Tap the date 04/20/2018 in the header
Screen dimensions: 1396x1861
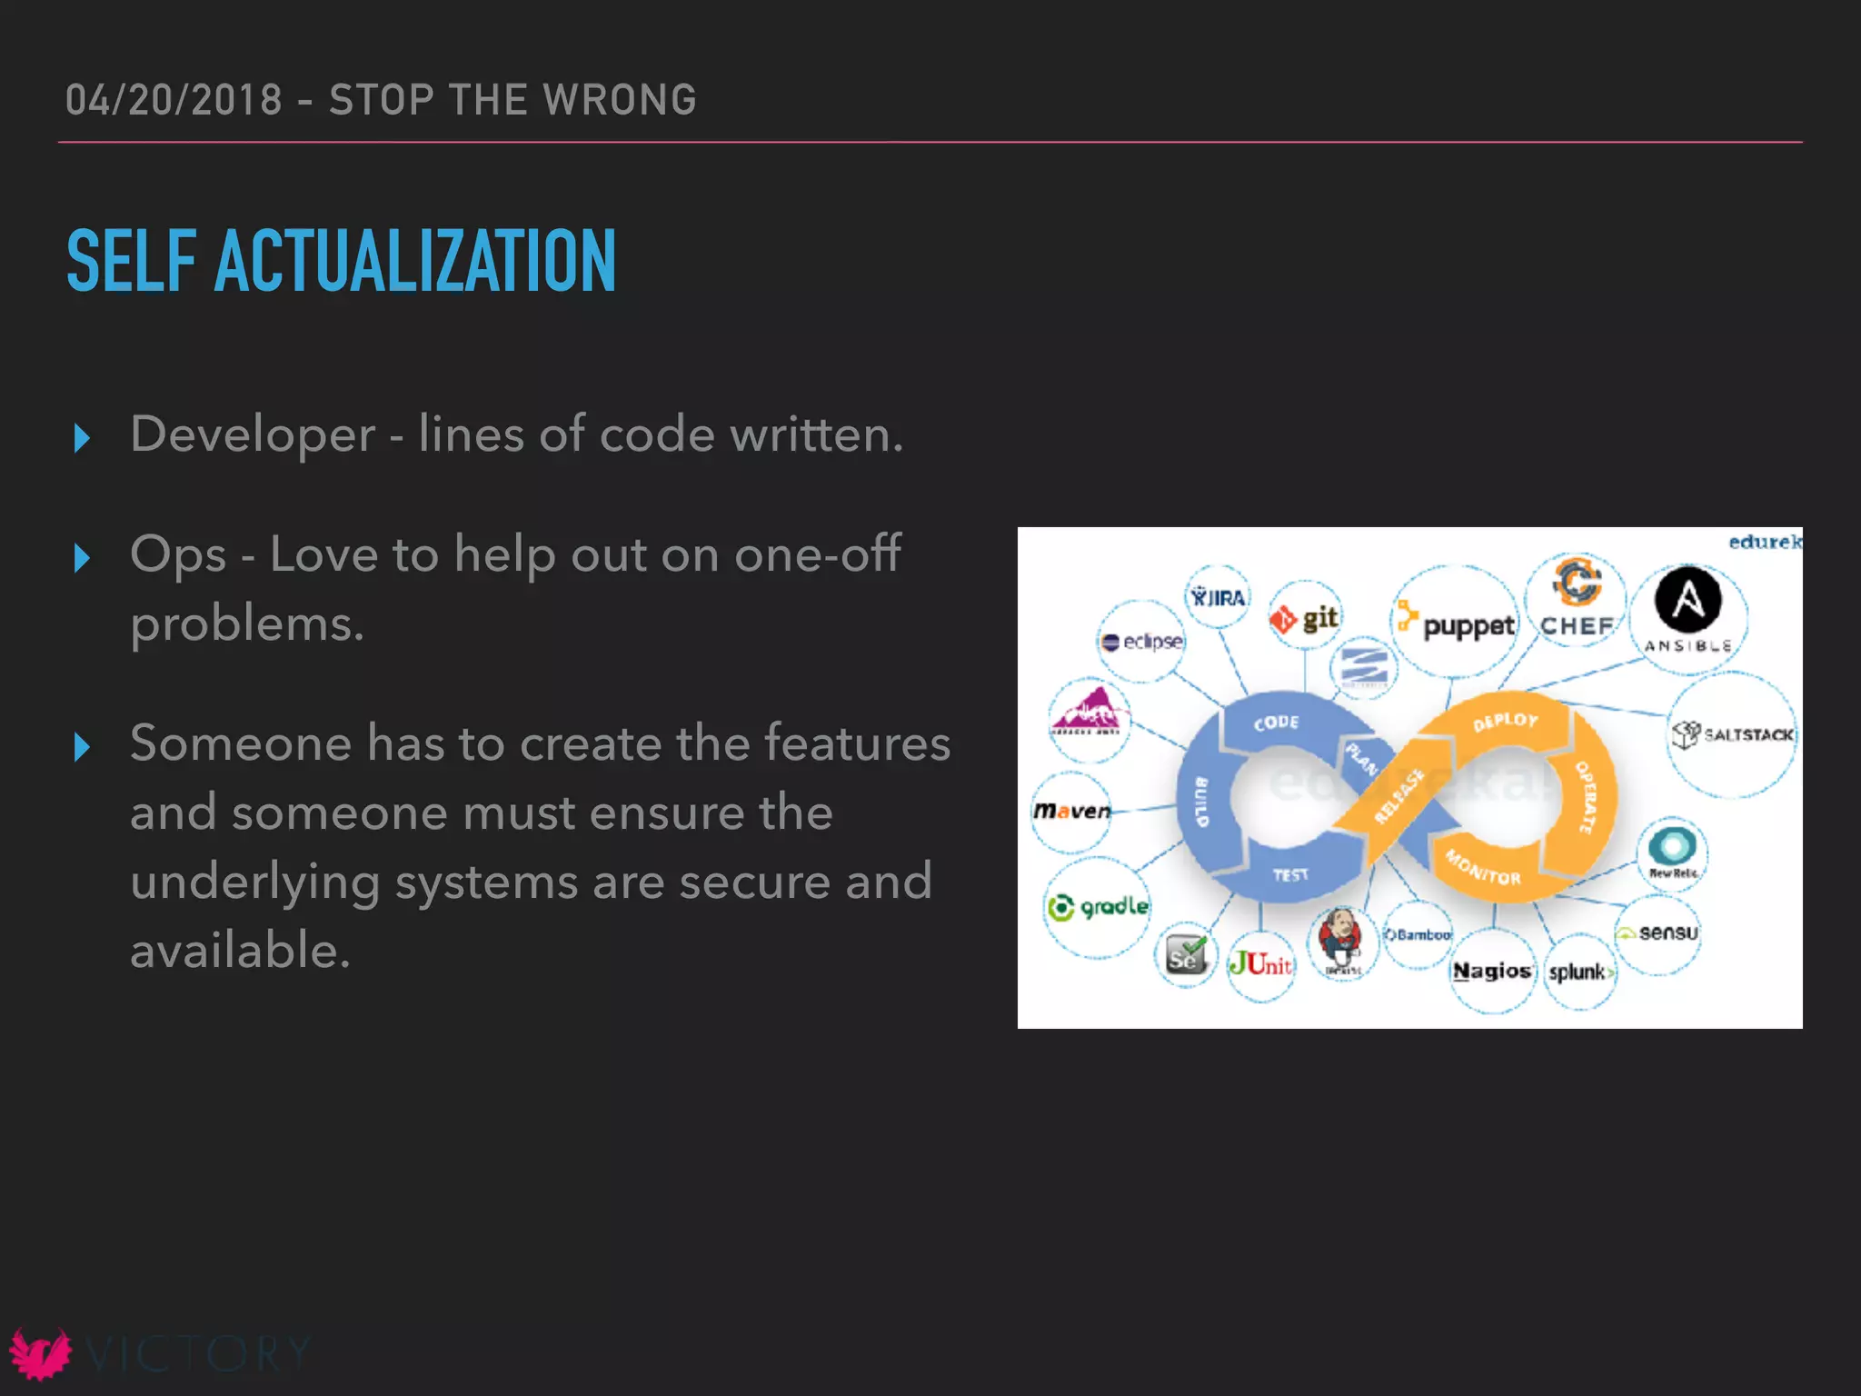[174, 100]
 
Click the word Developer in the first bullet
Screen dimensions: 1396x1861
[253, 434]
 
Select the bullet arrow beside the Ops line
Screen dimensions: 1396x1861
[82, 557]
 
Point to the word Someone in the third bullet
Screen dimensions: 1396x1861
[240, 743]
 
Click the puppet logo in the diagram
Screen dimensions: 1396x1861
[1458, 623]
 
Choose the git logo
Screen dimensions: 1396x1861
[1306, 619]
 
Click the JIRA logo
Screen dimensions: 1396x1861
[1219, 597]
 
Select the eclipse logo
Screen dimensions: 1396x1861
[1142, 642]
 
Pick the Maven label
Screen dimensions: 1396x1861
[1072, 810]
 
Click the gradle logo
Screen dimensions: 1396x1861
[1098, 906]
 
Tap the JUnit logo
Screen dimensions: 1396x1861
[1260, 963]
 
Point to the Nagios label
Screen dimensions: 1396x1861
[1491, 971]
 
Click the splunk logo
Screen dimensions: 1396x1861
[1580, 972]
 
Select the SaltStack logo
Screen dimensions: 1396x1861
[1733, 733]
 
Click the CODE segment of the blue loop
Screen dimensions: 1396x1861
[1276, 723]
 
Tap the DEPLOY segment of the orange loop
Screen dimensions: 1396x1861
[1506, 721]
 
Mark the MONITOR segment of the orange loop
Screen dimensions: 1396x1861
[1483, 868]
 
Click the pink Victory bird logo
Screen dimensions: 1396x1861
[39, 1353]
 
